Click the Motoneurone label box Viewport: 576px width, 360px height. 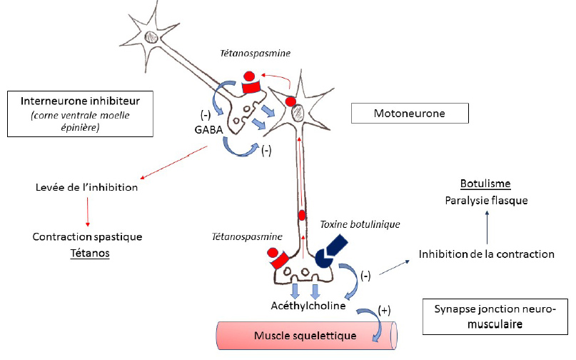[x=410, y=113]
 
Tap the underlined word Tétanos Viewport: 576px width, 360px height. [x=89, y=254]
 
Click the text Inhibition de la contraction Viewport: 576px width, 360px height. [x=487, y=254]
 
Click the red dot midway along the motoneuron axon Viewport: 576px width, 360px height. [x=302, y=214]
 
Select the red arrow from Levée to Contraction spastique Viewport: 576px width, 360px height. [x=88, y=211]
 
